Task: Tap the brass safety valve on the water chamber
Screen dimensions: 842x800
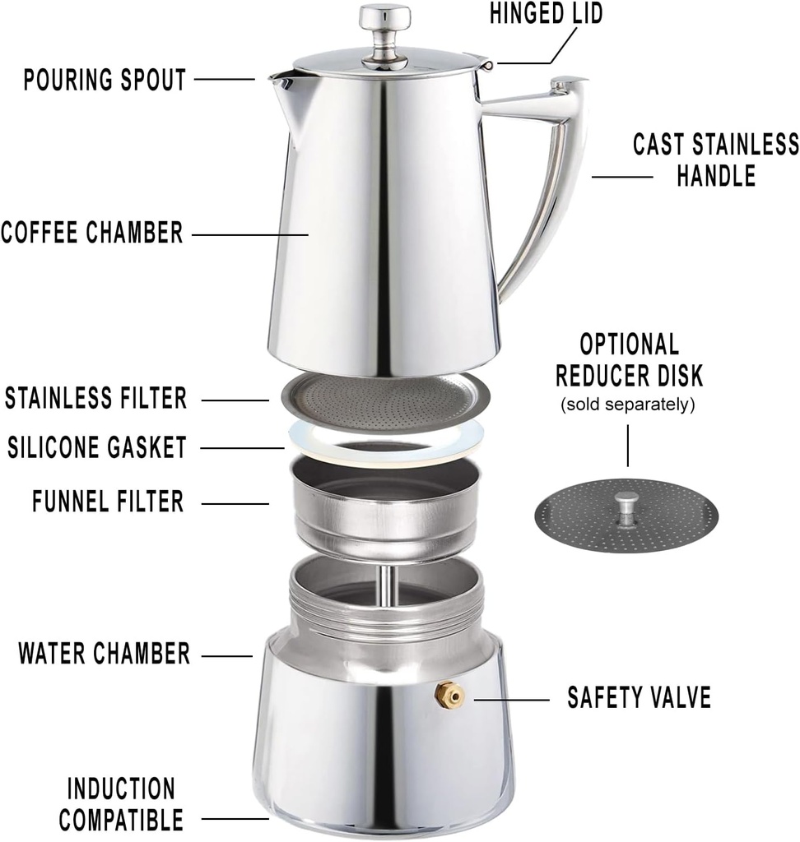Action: [450, 696]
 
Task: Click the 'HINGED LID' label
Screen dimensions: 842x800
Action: [546, 13]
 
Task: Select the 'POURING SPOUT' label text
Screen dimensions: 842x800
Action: [105, 80]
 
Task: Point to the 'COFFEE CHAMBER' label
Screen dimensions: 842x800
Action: [91, 233]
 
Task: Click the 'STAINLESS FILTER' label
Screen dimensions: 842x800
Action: [96, 399]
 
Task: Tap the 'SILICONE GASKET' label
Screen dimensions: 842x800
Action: [96, 448]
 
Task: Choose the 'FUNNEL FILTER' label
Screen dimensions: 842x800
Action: [108, 501]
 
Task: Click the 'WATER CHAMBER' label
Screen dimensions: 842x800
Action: [105, 655]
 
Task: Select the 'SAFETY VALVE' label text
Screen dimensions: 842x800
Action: [639, 698]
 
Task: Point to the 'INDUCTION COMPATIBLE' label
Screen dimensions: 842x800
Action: [121, 803]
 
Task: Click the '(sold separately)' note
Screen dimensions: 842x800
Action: [628, 405]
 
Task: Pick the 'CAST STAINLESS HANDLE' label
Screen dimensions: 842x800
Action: [715, 159]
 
